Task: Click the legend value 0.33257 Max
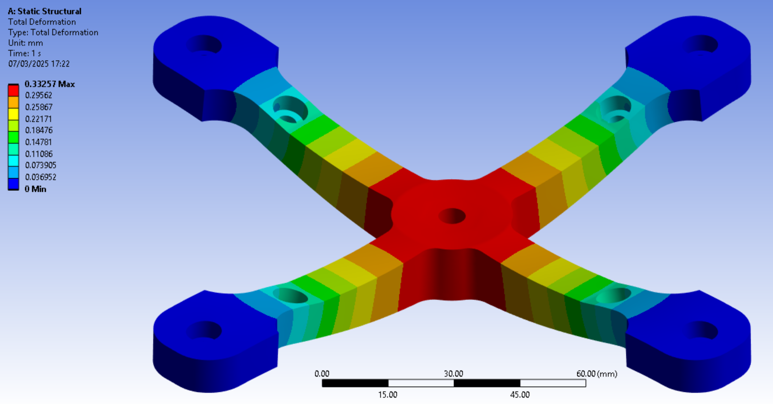tap(50, 84)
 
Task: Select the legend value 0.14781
tap(38, 142)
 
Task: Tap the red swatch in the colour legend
tap(13, 91)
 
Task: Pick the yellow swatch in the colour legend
tap(13, 114)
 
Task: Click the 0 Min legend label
tap(35, 189)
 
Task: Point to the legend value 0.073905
tap(41, 165)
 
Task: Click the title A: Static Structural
tap(44, 11)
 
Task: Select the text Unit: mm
tap(25, 43)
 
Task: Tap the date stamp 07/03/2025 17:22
tap(39, 64)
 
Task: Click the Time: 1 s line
tap(24, 53)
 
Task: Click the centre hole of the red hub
tap(452, 216)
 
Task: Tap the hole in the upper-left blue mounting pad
tap(205, 45)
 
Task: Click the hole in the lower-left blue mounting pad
tap(205, 330)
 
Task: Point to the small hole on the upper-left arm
tap(290, 111)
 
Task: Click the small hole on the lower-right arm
tap(613, 295)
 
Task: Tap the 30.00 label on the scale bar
tap(453, 374)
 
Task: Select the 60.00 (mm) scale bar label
tap(596, 374)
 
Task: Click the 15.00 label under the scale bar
tap(387, 395)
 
